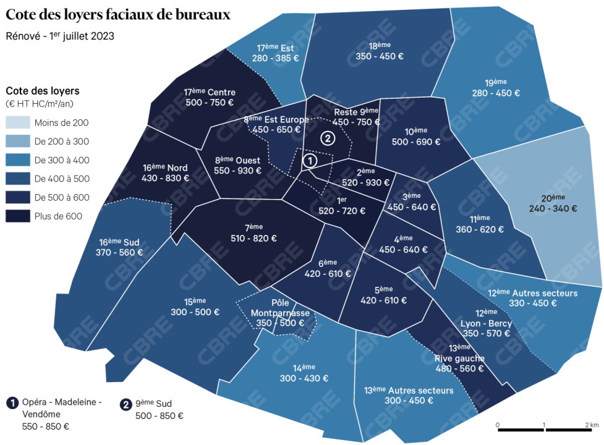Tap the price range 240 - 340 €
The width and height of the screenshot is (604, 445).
point(553,209)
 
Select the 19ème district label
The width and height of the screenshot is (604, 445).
point(495,82)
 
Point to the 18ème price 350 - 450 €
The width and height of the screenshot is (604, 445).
point(380,56)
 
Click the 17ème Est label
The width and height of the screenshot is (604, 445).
point(275,48)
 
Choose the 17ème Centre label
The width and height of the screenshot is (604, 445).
point(210,92)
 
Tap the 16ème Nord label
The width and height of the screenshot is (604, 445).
point(165,167)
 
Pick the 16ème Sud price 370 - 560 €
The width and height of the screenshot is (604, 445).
point(119,252)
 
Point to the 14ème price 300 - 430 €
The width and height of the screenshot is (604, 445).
point(304,378)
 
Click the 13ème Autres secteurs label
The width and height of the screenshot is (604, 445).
point(409,390)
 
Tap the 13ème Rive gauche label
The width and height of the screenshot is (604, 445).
point(459,353)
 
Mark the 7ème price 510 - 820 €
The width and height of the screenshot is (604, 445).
point(252,239)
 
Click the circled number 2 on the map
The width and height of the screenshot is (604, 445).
point(328,138)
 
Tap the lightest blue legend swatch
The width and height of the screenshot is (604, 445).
point(18,122)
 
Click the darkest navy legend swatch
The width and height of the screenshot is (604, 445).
point(18,215)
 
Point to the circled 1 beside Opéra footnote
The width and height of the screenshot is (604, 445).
point(12,403)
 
